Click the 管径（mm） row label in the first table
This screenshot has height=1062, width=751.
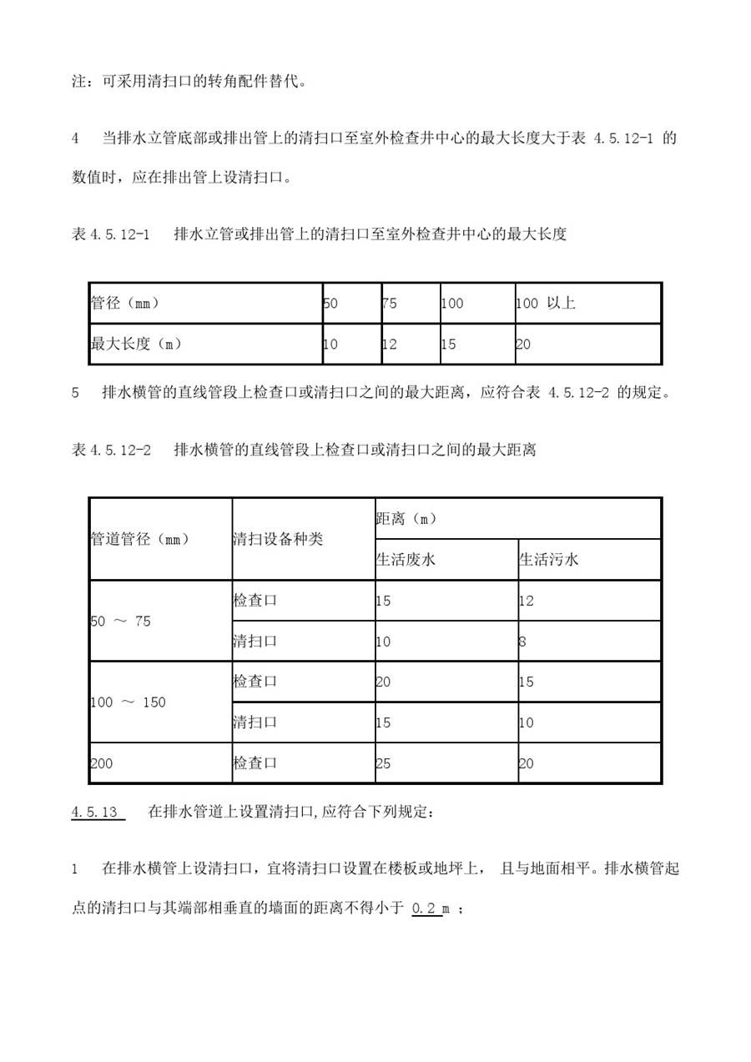(x=125, y=304)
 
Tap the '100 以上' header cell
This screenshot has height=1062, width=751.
(x=546, y=304)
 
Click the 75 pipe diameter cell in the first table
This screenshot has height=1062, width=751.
(x=389, y=304)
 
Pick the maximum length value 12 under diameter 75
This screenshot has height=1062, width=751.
(x=389, y=344)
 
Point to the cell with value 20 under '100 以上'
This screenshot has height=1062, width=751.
(x=523, y=344)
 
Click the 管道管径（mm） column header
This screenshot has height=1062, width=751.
(x=140, y=539)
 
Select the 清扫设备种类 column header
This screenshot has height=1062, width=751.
(x=277, y=539)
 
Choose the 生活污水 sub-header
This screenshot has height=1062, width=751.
(x=548, y=560)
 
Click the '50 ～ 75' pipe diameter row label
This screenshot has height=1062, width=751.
(x=120, y=622)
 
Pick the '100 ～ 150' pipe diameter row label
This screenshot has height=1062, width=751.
(x=128, y=702)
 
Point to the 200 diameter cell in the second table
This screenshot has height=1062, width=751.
(x=101, y=763)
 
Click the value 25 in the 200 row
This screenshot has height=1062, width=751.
(x=384, y=763)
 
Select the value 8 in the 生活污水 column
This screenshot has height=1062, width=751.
(x=522, y=642)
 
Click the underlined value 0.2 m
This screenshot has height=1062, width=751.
(x=431, y=909)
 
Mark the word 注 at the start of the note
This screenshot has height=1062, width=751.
(x=79, y=82)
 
